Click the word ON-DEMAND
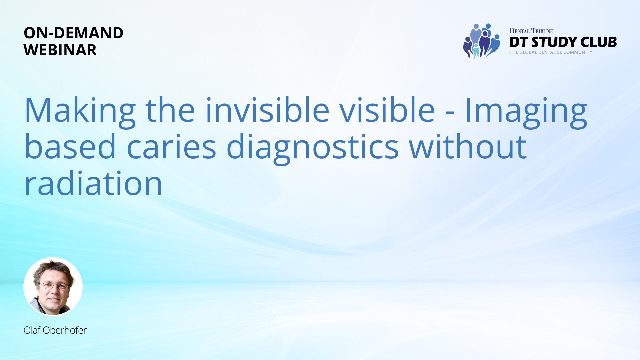[x=73, y=33]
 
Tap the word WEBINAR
[x=60, y=50]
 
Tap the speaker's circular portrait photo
[x=53, y=286]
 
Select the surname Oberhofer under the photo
[x=65, y=330]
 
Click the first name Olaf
[x=32, y=330]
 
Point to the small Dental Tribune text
[x=531, y=31]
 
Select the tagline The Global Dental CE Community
[x=551, y=52]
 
